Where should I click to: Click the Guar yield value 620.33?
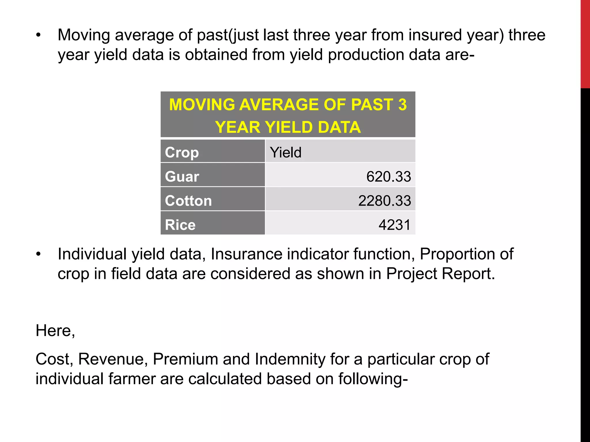(x=388, y=176)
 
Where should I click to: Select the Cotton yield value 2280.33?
(x=384, y=201)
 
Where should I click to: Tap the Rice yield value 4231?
(x=394, y=225)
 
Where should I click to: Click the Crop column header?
(x=182, y=152)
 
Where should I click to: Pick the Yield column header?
(x=285, y=152)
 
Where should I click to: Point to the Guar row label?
(x=182, y=176)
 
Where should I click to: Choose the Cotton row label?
(x=188, y=201)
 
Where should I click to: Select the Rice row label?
(x=180, y=225)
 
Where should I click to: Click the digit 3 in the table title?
(x=402, y=104)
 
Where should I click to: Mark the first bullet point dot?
(x=39, y=35)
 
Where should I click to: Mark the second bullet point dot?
(x=39, y=254)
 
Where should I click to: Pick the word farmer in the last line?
(x=132, y=379)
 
